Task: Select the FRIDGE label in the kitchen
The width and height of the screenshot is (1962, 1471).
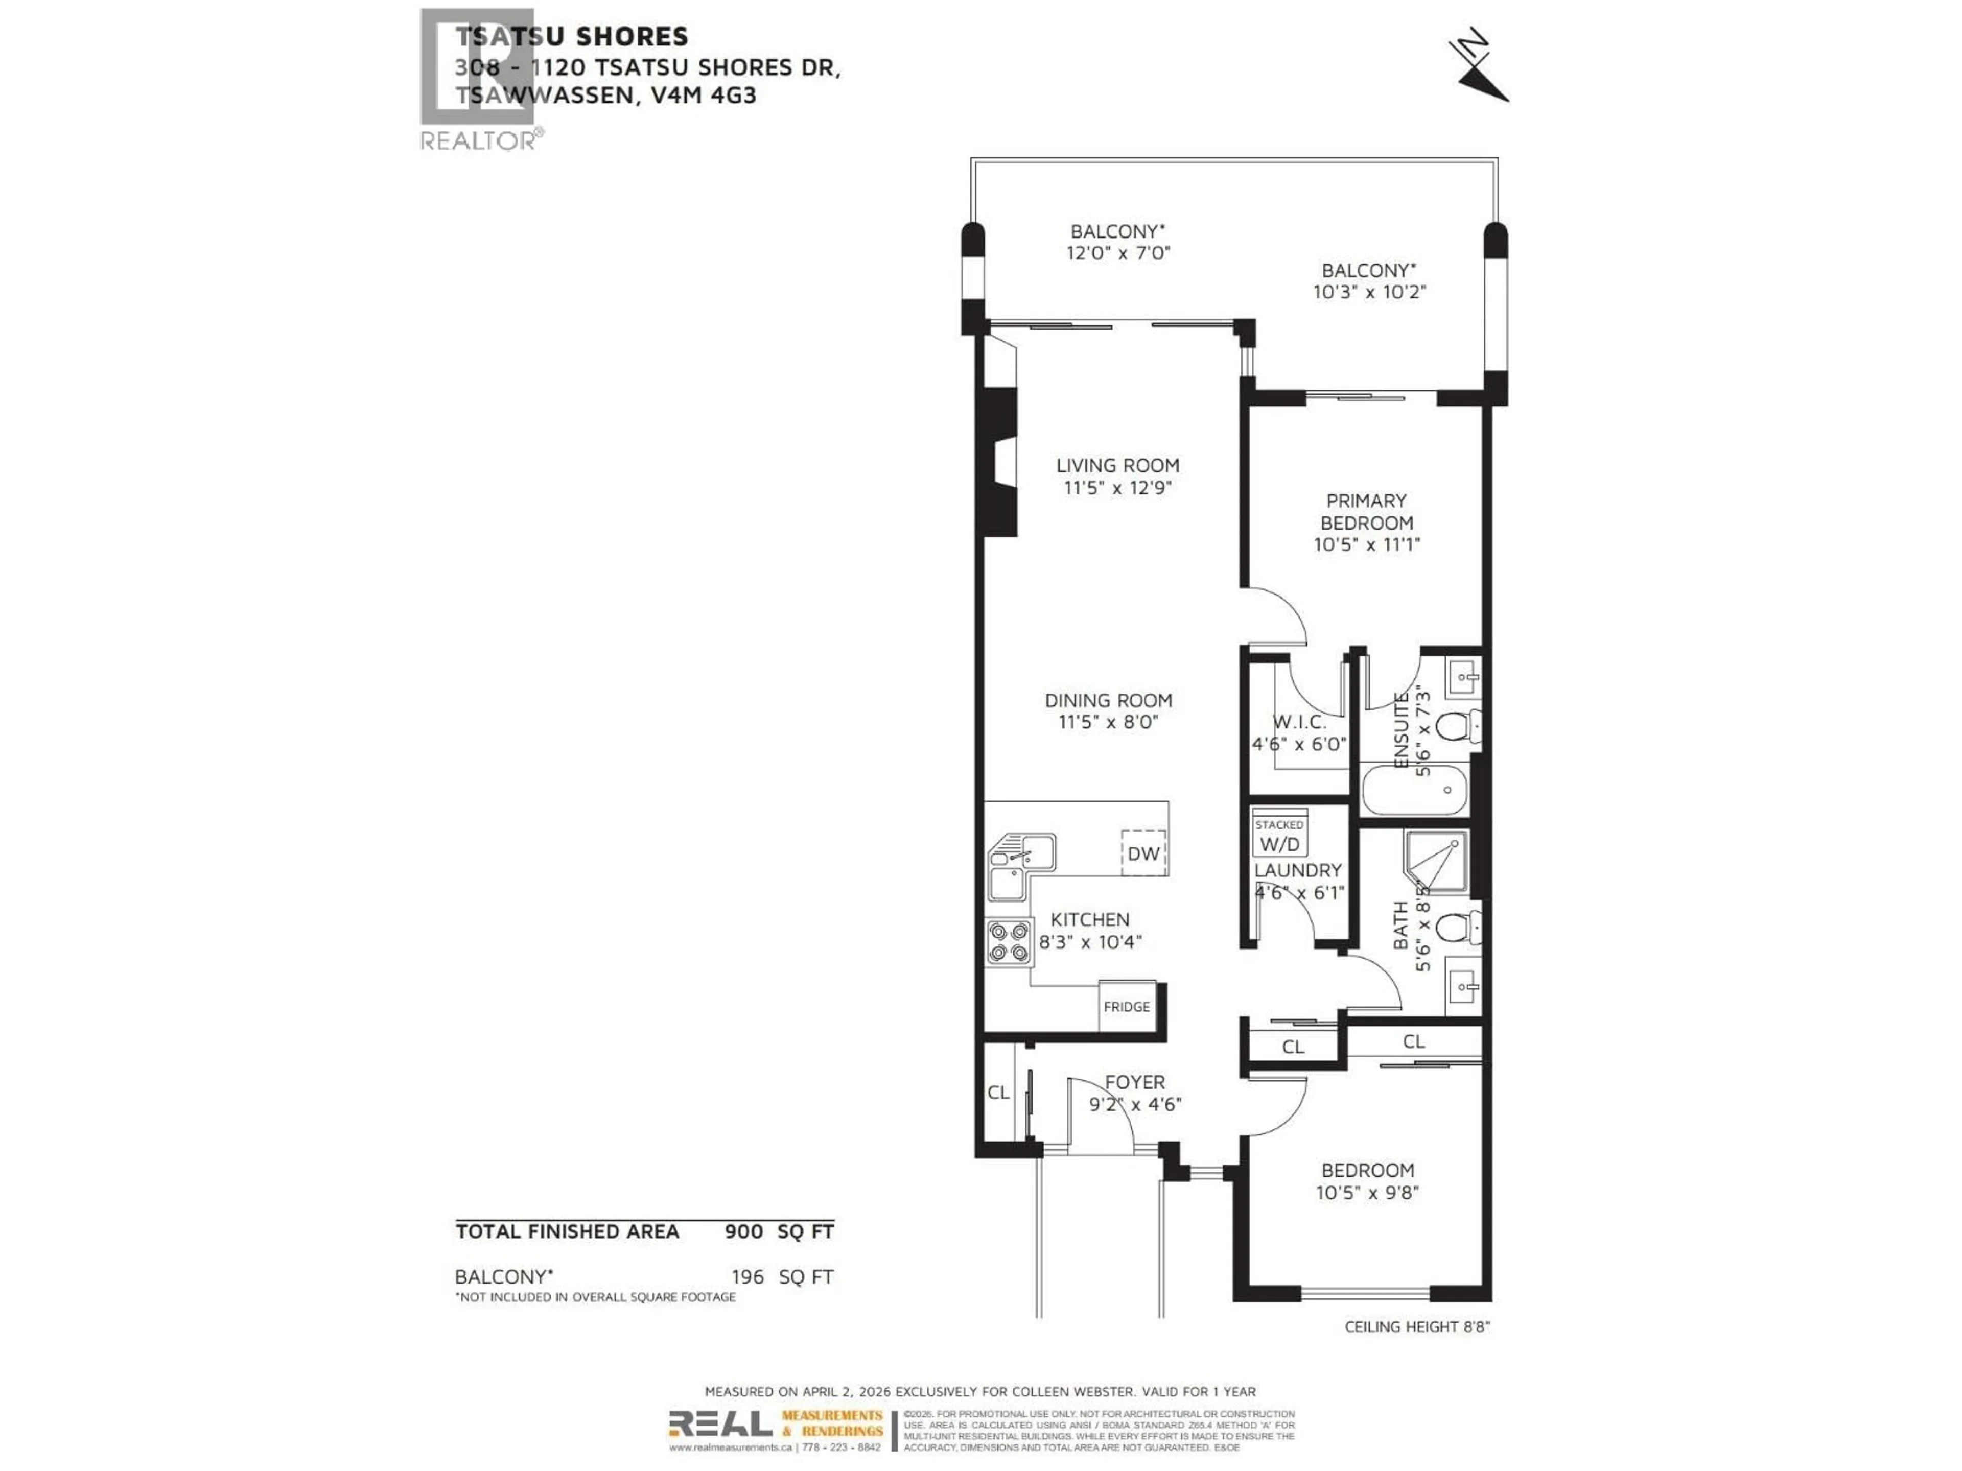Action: tap(1127, 1006)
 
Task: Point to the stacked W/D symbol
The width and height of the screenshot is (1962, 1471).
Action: tap(1279, 836)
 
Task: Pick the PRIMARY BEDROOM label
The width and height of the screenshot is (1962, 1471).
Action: tap(1366, 512)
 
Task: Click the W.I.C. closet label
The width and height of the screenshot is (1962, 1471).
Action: tap(1299, 722)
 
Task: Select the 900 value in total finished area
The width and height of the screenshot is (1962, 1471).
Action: tap(743, 1231)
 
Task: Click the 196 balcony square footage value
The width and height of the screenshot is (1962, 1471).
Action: tap(747, 1277)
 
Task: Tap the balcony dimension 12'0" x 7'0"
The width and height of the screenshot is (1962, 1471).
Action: tap(1117, 253)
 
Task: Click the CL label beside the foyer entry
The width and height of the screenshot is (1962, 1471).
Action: tap(998, 1093)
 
